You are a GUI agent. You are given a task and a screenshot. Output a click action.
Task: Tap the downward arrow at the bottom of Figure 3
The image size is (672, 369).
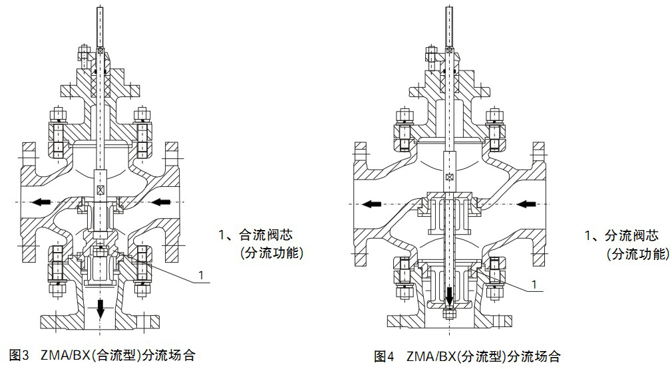[100, 308]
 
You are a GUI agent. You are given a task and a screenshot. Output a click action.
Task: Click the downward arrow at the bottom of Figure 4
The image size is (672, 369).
[450, 294]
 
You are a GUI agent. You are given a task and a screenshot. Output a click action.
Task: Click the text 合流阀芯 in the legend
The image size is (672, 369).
[263, 235]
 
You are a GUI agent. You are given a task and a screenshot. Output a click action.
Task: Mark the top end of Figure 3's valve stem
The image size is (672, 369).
[101, 8]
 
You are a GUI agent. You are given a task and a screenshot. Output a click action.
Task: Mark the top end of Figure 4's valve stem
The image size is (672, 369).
[450, 8]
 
